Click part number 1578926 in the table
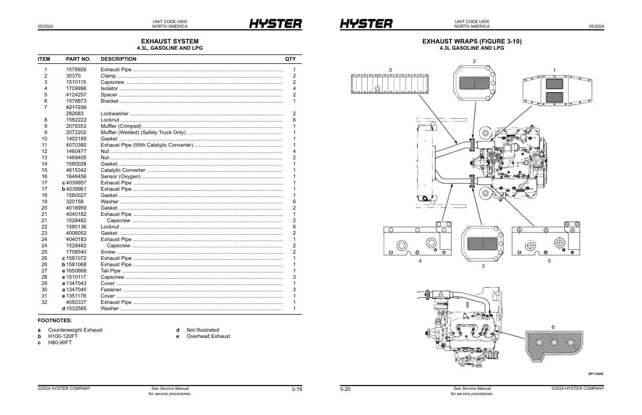[76, 70]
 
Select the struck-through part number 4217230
[76, 107]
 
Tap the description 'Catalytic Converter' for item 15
[123, 170]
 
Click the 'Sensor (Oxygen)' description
[121, 177]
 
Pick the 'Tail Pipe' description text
[111, 271]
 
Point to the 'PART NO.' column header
[78, 59]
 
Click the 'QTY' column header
[290, 59]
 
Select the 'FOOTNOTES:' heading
[55, 320]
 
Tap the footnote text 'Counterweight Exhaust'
[75, 330]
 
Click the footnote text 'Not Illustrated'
[202, 330]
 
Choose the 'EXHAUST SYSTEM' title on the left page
[169, 41]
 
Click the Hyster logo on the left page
[275, 24]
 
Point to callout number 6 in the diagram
[552, 327]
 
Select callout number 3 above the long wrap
[390, 70]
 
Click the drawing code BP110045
[595, 374]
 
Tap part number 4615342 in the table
[76, 170]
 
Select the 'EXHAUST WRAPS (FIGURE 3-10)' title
[472, 41]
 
